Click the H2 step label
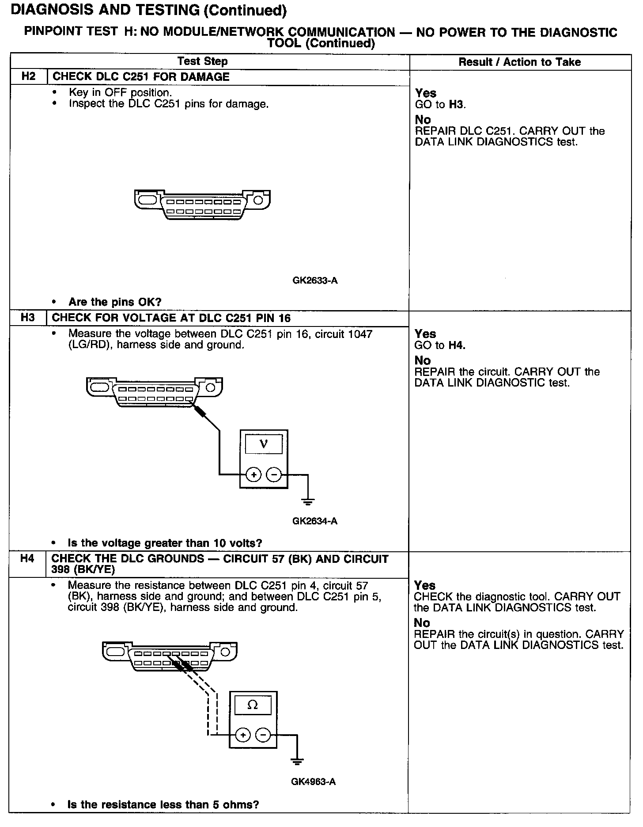pyautogui.click(x=28, y=76)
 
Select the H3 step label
pyautogui.click(x=28, y=318)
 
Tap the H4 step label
pyautogui.click(x=27, y=559)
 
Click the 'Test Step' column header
pyautogui.click(x=203, y=61)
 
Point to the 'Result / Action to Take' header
pyautogui.click(x=519, y=62)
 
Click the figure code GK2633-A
pyautogui.click(x=315, y=281)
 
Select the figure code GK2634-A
pyautogui.click(x=314, y=521)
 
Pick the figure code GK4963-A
pyautogui.click(x=313, y=782)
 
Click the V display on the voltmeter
pyautogui.click(x=264, y=444)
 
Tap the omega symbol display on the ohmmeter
pyautogui.click(x=253, y=705)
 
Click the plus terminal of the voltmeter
pyautogui.click(x=253, y=475)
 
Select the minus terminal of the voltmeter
pyautogui.click(x=274, y=475)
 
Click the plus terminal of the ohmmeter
pyautogui.click(x=243, y=735)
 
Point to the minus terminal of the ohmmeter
pyautogui.click(x=263, y=735)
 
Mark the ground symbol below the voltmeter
pyautogui.click(x=308, y=501)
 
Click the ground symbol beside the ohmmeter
pyautogui.click(x=297, y=761)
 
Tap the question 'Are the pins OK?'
pyautogui.click(x=115, y=302)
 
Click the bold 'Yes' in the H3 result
pyautogui.click(x=425, y=334)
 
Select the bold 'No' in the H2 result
pyautogui.click(x=423, y=120)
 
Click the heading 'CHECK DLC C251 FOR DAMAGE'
pyautogui.click(x=141, y=77)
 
